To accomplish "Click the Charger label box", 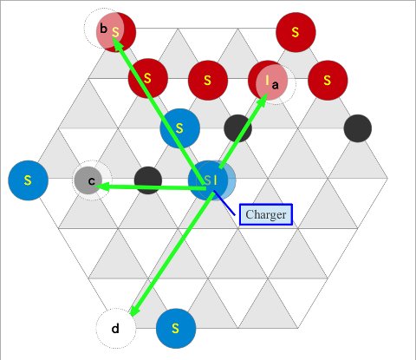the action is pyautogui.click(x=266, y=214).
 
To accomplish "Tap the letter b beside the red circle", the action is pyautogui.click(x=103, y=29).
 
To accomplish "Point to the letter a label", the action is pyautogui.click(x=276, y=85).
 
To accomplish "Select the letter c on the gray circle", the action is pyautogui.click(x=91, y=181).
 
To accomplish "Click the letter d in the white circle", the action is pyautogui.click(x=115, y=329).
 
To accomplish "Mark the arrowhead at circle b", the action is pyautogui.click(x=116, y=44).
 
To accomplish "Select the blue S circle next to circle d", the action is pyautogui.click(x=176, y=329).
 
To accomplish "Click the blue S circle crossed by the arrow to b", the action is pyautogui.click(x=179, y=128).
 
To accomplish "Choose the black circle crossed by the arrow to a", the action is pyautogui.click(x=237, y=128).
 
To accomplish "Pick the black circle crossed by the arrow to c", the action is pyautogui.click(x=148, y=180).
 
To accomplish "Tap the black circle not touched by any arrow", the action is pyautogui.click(x=358, y=128).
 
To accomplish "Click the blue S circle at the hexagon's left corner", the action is pyautogui.click(x=28, y=180).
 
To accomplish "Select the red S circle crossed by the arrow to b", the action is pyautogui.click(x=148, y=78).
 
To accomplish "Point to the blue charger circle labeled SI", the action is pyautogui.click(x=209, y=180).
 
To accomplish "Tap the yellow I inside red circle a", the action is pyautogui.click(x=268, y=80).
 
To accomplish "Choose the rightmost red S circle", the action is pyautogui.click(x=328, y=81).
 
